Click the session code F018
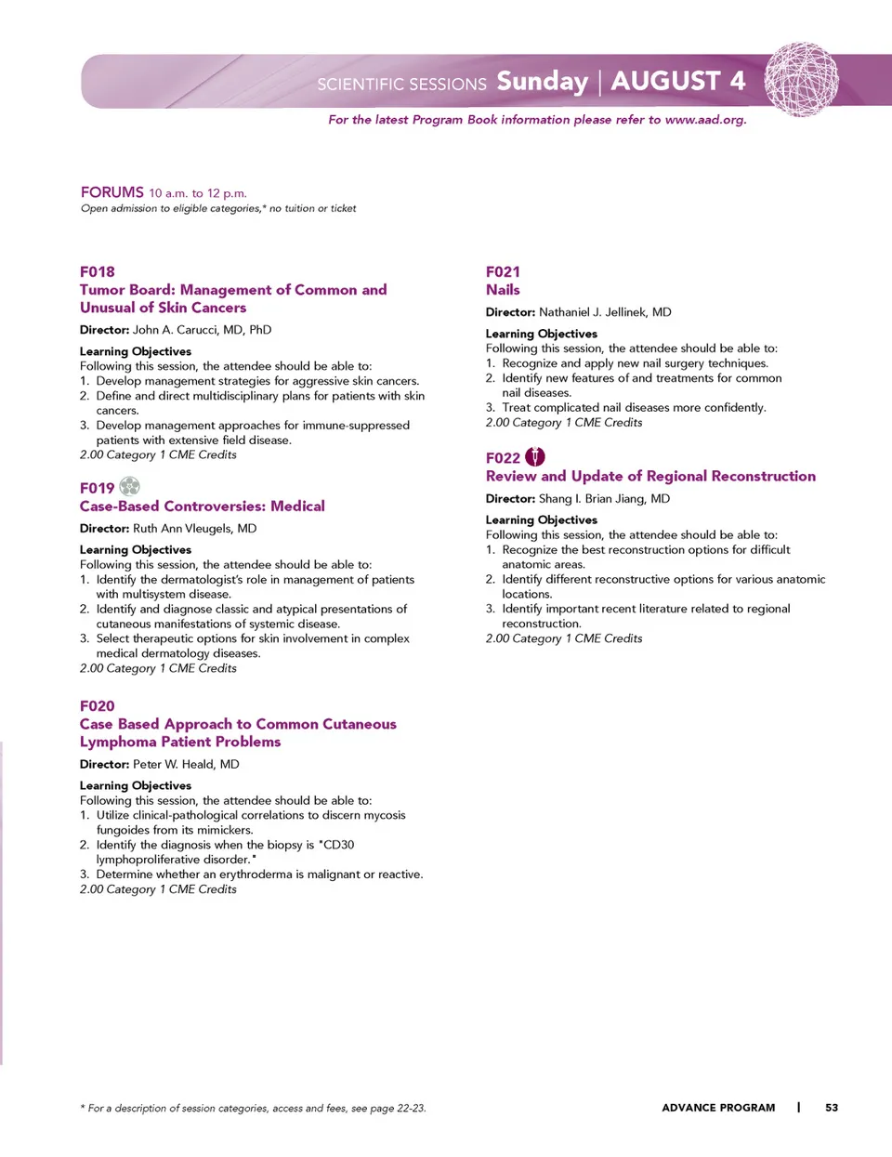point(98,271)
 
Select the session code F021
point(503,271)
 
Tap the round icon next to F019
point(130,486)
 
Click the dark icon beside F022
point(535,456)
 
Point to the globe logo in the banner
point(801,80)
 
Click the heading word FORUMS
point(112,192)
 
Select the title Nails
point(503,290)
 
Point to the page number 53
point(832,1108)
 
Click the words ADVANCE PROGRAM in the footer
point(718,1108)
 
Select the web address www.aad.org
point(704,120)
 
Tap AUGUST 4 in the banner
point(678,82)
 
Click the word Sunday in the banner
point(543,82)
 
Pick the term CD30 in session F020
point(338,845)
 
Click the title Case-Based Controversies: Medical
point(203,506)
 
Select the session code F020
point(98,705)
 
